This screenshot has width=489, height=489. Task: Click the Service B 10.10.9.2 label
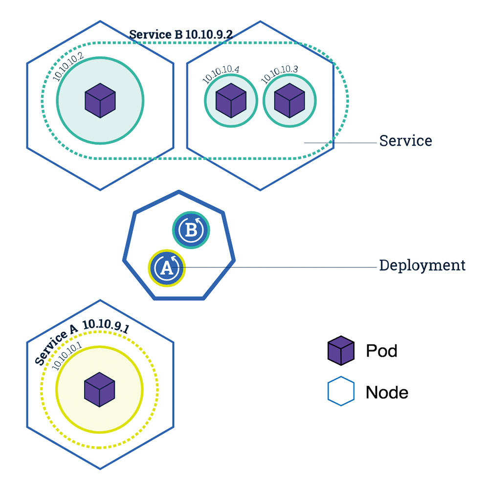(x=181, y=34)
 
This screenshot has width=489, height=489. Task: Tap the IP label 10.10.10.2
(x=68, y=67)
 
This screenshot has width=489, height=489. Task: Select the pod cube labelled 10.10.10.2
(x=100, y=100)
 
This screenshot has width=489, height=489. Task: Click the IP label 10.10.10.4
(x=221, y=74)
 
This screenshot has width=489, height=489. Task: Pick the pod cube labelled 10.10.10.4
(x=231, y=100)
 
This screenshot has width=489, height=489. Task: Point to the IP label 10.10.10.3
(x=279, y=74)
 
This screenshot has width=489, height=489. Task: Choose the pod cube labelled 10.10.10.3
(x=289, y=100)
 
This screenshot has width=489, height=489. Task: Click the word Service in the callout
(x=406, y=141)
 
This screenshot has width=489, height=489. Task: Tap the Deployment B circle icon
(x=191, y=230)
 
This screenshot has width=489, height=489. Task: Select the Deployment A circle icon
(x=167, y=268)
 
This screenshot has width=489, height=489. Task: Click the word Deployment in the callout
(x=422, y=266)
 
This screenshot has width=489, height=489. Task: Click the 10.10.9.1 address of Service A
(x=106, y=326)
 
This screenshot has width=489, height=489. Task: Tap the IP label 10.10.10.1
(x=67, y=356)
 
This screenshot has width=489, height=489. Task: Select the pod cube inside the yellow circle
(x=100, y=390)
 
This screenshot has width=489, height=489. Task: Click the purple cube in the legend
(x=341, y=351)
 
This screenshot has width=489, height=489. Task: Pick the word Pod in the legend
(x=382, y=351)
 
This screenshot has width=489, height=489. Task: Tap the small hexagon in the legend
(x=341, y=391)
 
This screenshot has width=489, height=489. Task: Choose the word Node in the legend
(x=387, y=392)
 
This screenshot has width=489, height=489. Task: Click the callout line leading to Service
(x=340, y=143)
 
